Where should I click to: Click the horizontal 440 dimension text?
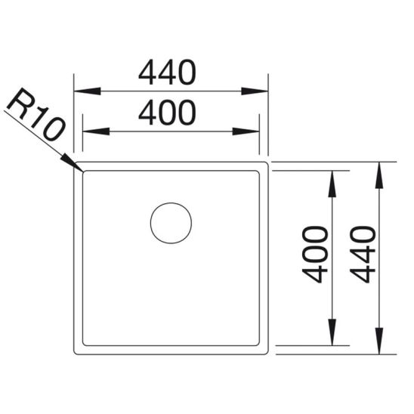click(x=167, y=73)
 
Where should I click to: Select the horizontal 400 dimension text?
click(x=167, y=113)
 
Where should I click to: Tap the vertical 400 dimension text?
click(x=317, y=254)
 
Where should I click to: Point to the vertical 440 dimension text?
click(x=363, y=254)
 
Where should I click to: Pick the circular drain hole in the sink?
click(x=171, y=223)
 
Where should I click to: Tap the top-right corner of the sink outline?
click(x=267, y=163)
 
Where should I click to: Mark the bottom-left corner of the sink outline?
click(x=76, y=352)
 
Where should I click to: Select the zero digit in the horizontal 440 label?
click(x=184, y=73)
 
